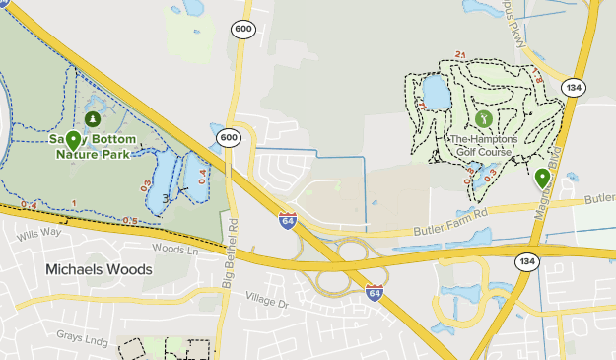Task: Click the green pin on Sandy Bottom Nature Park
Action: [72, 141]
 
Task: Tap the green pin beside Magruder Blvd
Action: [542, 179]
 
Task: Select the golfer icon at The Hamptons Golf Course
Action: [483, 118]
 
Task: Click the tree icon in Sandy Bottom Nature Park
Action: [93, 119]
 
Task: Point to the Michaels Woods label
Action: [99, 269]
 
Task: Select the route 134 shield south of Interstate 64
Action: [526, 261]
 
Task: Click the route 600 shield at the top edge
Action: [242, 30]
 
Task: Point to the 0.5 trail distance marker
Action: [131, 220]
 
